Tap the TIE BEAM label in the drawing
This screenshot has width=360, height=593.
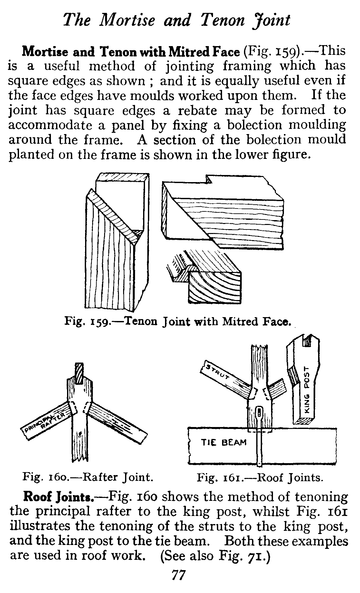(x=224, y=442)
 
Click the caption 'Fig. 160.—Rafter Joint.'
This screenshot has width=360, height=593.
(x=88, y=477)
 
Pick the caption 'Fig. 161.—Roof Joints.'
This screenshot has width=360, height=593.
(x=260, y=477)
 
